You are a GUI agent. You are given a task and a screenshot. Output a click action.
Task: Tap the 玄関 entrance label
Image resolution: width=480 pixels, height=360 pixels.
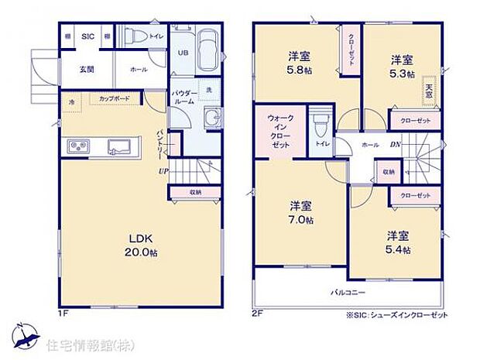87,69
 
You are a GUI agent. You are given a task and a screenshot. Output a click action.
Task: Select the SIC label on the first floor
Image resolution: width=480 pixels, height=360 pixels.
87,36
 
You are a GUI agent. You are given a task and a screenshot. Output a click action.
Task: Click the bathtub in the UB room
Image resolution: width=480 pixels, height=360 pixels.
207,50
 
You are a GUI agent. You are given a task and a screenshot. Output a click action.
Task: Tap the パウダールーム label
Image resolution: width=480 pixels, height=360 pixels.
183,96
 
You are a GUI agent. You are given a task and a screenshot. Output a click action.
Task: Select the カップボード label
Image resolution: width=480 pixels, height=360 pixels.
115,98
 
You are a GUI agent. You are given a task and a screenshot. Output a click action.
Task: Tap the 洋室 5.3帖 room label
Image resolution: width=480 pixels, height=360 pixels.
401,67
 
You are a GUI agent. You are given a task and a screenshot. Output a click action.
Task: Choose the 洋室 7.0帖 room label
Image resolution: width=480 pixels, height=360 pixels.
301,213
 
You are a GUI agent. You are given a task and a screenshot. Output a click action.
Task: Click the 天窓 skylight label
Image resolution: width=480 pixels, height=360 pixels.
428,89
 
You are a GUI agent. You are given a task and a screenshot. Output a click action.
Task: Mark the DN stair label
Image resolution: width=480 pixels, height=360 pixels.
396,145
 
